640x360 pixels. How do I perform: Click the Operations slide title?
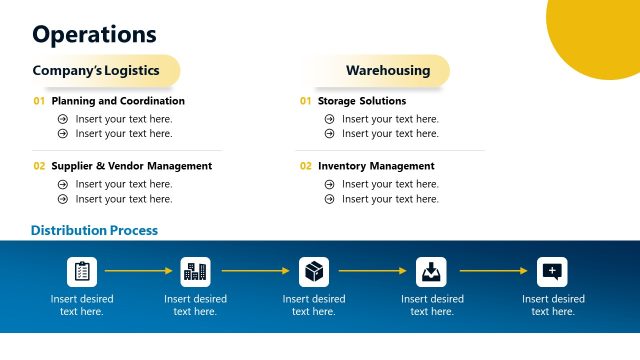95,34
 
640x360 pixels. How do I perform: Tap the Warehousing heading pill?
388,71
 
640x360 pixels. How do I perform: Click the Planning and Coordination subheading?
118,101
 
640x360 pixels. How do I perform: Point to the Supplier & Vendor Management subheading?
131,166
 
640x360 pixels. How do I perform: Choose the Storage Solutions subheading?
361,101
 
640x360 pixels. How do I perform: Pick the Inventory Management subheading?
376,166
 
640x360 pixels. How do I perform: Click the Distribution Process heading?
94,231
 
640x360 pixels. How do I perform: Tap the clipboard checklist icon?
82,271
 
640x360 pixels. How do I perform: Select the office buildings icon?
195,271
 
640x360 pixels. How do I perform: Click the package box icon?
314,271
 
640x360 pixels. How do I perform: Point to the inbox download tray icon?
431,271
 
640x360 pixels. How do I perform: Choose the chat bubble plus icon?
552,271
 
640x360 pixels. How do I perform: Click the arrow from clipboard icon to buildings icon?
138,271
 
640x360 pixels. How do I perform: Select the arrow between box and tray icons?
372,271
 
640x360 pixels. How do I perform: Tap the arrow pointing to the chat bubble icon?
492,271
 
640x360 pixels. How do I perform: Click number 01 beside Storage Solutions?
305,101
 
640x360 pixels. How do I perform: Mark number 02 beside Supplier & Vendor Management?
39,166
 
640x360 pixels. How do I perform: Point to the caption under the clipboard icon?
82,305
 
